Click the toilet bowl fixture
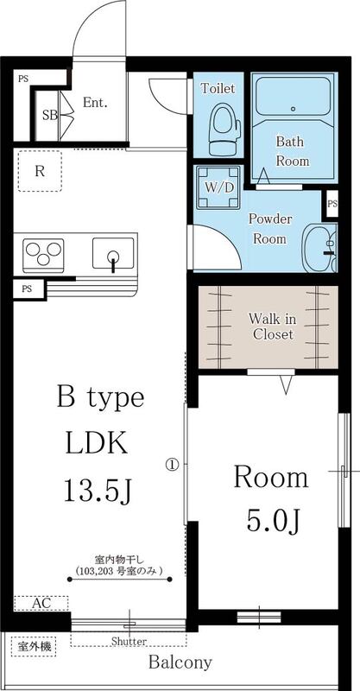click(x=222, y=126)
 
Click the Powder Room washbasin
click(x=319, y=249)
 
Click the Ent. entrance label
click(x=95, y=102)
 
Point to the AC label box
click(x=40, y=604)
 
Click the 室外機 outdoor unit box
click(x=30, y=645)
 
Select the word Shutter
click(x=128, y=641)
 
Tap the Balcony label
click(x=180, y=663)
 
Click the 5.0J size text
click(x=271, y=522)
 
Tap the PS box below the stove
click(x=28, y=288)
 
